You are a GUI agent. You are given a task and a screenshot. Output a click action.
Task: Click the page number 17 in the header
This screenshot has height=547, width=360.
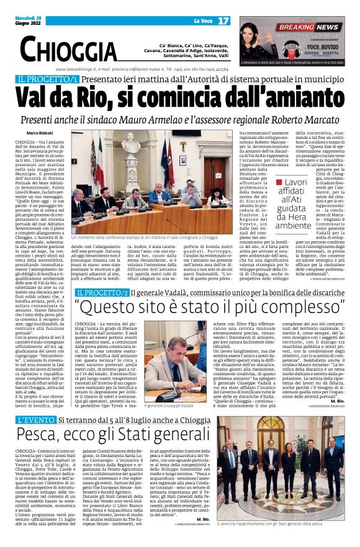pyautogui.click(x=223, y=20)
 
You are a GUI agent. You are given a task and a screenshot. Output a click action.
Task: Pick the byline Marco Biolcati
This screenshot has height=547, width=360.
pyautogui.click(x=40, y=133)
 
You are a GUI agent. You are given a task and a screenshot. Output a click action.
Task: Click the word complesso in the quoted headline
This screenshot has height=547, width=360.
pyautogui.click(x=307, y=308)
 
